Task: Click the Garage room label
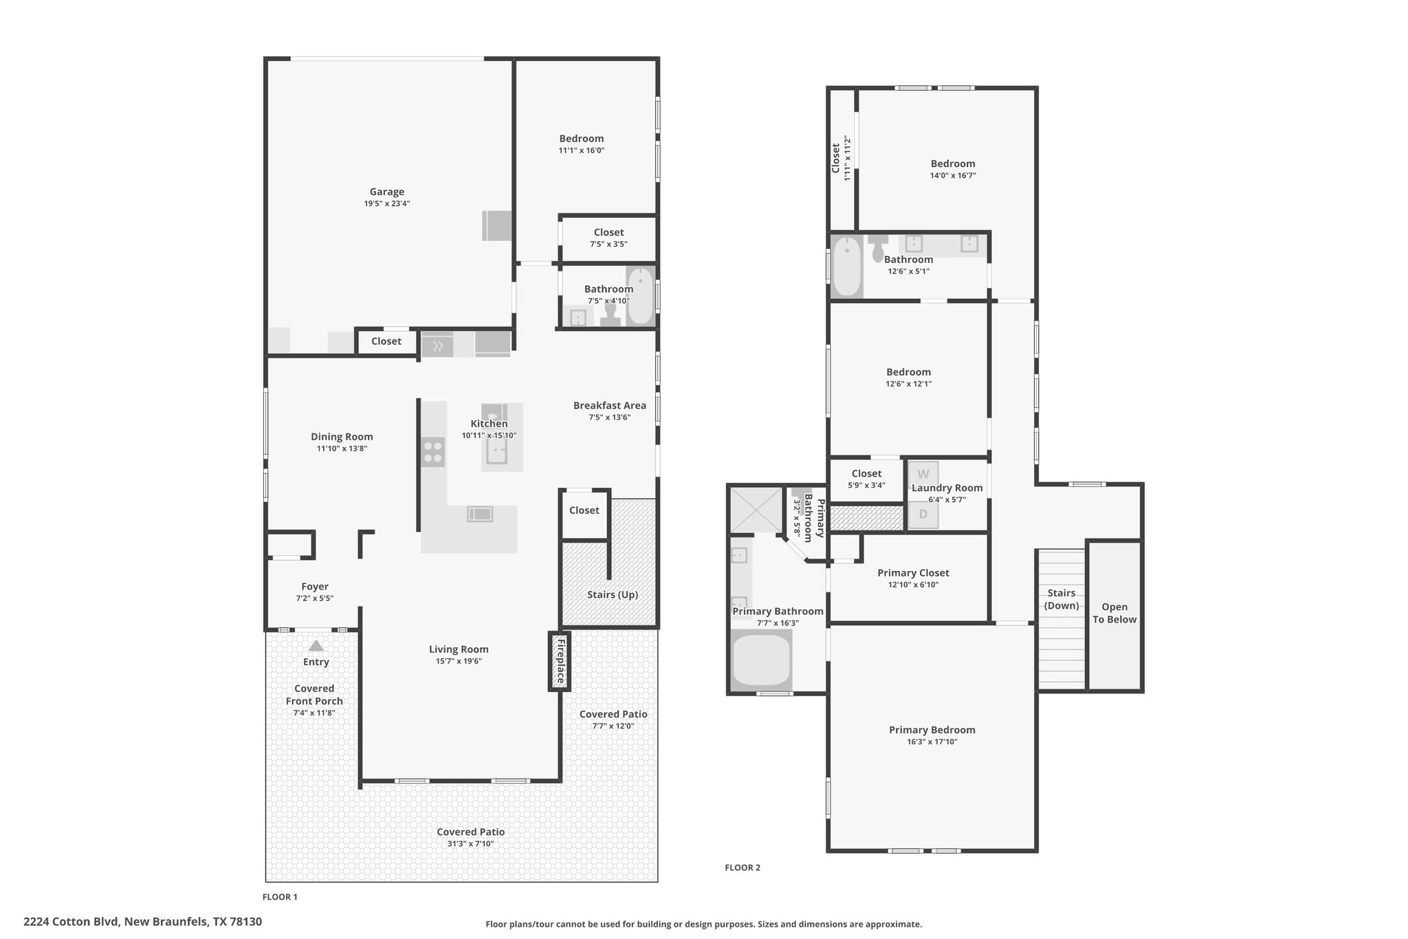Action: (x=387, y=192)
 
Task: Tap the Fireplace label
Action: (x=560, y=662)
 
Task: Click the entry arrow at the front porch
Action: (x=316, y=646)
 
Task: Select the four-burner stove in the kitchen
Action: (x=433, y=453)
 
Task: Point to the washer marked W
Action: (x=923, y=474)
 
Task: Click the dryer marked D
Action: (x=923, y=515)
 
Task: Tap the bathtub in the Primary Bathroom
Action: (x=762, y=660)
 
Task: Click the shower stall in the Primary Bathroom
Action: (x=756, y=510)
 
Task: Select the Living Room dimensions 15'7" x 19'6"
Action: (x=459, y=661)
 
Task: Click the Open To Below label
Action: (x=1114, y=613)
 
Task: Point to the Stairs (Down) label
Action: (x=1061, y=599)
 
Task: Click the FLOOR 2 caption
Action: (x=742, y=867)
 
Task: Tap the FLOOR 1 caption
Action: (x=280, y=897)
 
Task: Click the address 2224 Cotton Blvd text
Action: (x=72, y=922)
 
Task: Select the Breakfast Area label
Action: (x=610, y=405)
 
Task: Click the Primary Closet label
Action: (x=913, y=572)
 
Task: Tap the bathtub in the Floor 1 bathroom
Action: (x=641, y=296)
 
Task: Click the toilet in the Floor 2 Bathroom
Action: (x=878, y=249)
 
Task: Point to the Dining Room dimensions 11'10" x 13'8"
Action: (x=342, y=449)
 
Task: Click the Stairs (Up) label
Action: (x=613, y=594)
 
